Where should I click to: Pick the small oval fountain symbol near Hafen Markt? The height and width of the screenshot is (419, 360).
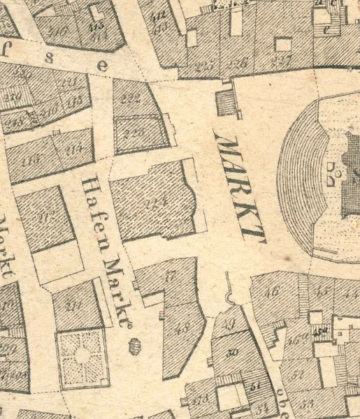(x=133, y=344)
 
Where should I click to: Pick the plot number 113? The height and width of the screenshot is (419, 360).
(x=33, y=159)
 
